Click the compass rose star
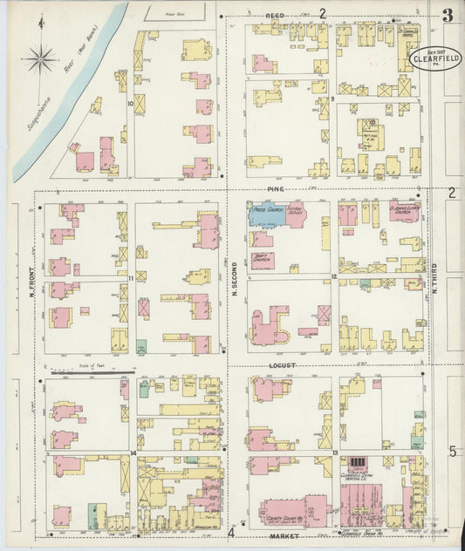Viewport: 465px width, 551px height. point(41,60)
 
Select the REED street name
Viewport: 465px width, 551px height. point(277,16)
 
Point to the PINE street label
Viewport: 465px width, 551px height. point(277,189)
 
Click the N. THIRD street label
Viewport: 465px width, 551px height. point(434,277)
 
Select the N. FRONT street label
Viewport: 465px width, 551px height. point(31,278)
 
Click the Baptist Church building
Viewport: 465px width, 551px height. point(262,259)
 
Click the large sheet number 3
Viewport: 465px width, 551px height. point(448,15)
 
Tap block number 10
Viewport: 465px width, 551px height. point(130,104)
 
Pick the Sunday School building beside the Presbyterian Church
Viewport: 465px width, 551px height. point(296,214)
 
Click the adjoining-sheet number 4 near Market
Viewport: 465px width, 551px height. point(232,533)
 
